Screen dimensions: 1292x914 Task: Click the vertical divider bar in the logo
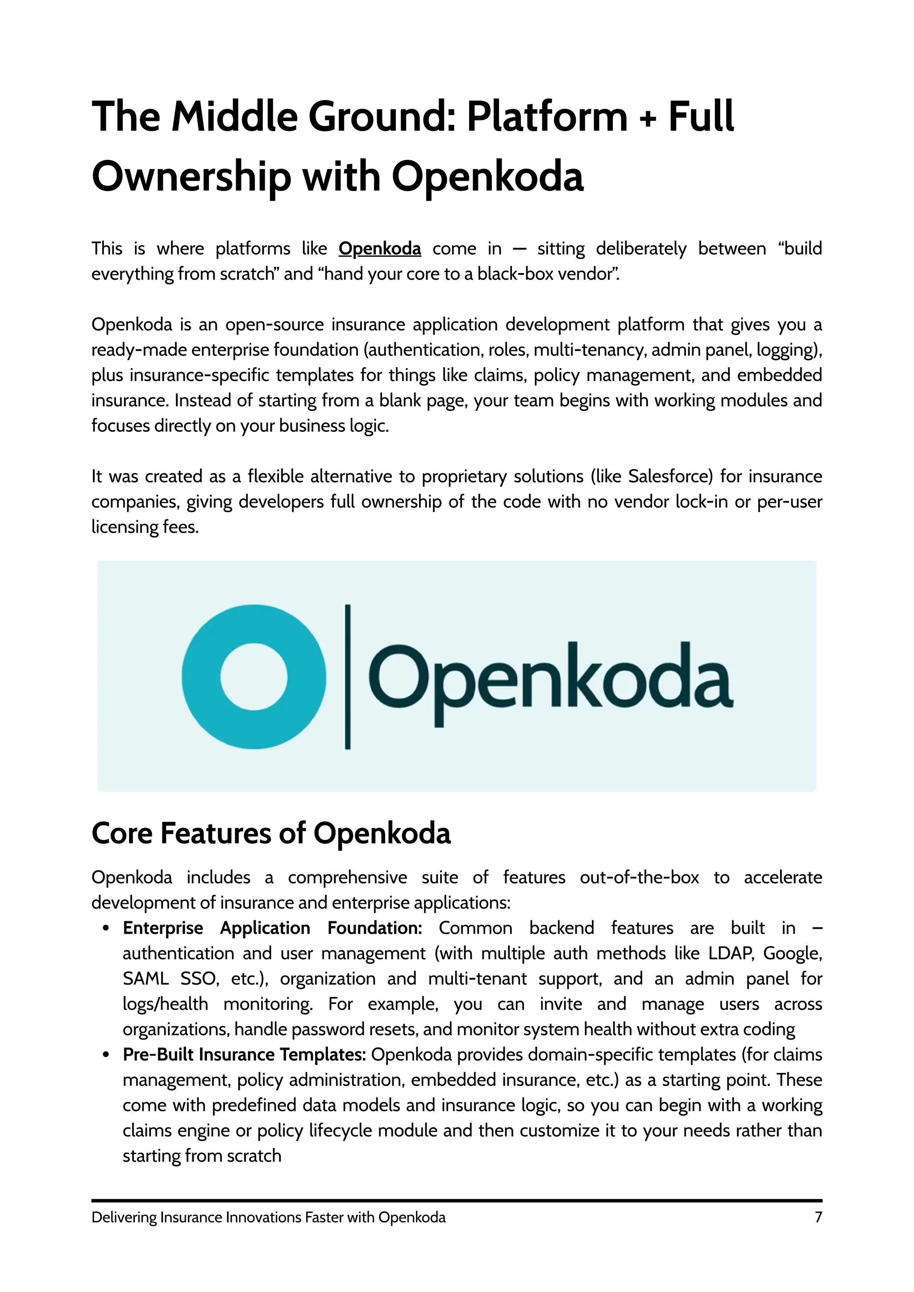tap(348, 676)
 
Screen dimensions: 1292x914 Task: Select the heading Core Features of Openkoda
tap(271, 833)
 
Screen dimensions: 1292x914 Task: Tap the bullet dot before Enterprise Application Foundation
tap(106, 929)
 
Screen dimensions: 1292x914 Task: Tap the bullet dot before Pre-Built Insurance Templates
tap(106, 1056)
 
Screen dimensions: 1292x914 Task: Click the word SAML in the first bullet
tap(145, 979)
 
